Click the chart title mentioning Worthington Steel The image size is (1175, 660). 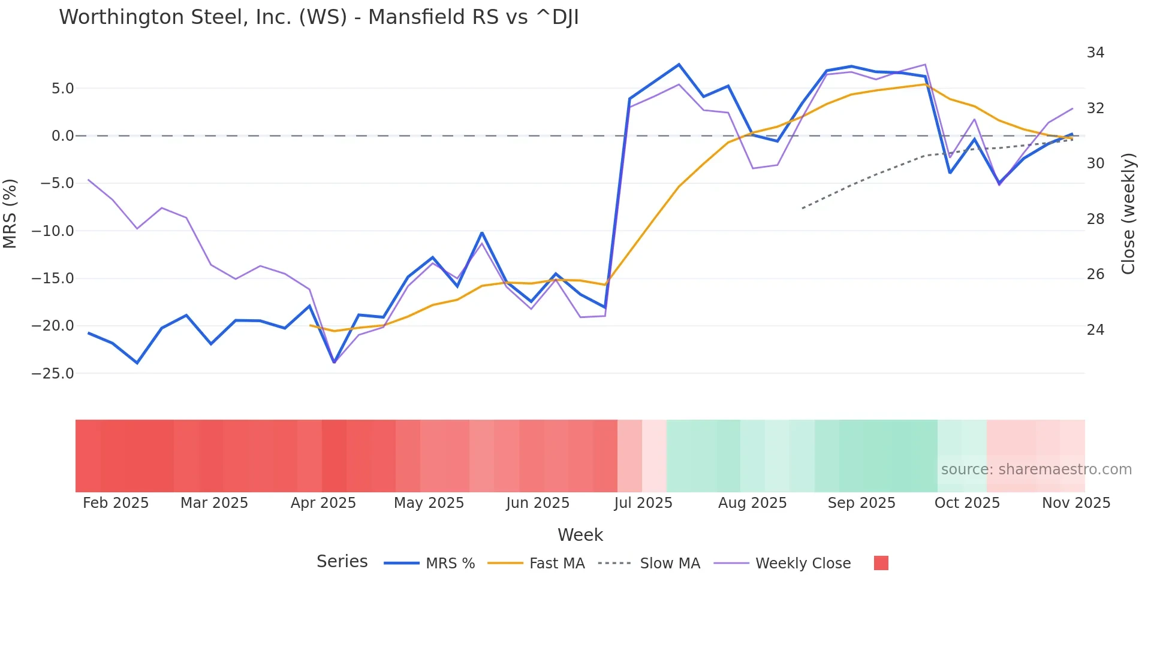coord(318,17)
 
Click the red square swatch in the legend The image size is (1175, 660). coord(881,563)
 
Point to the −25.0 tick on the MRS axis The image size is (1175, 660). coord(53,374)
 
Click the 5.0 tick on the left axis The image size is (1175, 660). coord(62,89)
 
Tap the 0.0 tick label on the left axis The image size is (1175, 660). coord(62,136)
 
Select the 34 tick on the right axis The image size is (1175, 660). coord(1095,53)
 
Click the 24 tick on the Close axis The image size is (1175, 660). coord(1095,330)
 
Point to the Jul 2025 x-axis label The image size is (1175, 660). coord(643,503)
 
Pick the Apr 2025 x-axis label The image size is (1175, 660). coord(323,503)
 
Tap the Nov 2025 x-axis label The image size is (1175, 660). coord(1076,503)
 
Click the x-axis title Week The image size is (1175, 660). coord(580,535)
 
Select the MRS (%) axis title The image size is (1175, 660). coord(10,213)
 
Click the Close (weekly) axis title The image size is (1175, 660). coord(1128,214)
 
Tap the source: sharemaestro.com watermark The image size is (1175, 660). coord(1036,470)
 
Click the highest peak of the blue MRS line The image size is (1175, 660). coord(679,65)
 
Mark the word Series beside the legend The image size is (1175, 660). coord(342,562)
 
